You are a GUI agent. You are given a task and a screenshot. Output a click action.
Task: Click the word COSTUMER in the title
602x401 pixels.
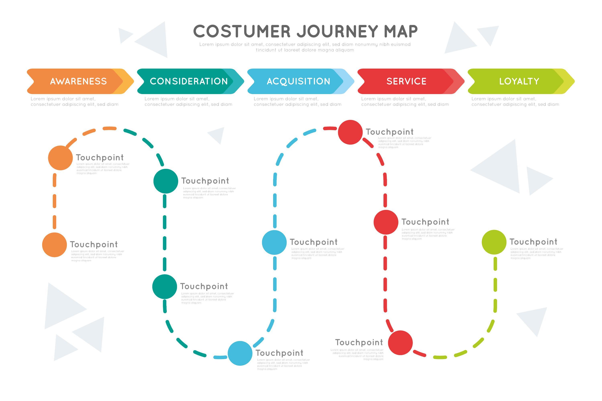coord(242,31)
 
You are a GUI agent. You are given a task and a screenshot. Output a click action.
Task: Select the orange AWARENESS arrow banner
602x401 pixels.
coord(78,81)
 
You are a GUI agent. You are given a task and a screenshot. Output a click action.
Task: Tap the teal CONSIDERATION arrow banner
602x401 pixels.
coord(189,81)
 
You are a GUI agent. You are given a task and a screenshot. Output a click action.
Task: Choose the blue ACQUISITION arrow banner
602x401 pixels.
coord(298,81)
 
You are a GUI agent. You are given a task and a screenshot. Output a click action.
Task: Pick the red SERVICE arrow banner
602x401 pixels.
coord(407,81)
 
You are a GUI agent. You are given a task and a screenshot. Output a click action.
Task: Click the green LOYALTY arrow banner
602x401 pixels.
coord(519,81)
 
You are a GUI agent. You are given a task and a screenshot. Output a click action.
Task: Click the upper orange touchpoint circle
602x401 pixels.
coord(60,158)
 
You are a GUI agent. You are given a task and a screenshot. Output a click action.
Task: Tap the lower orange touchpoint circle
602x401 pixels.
coord(55,245)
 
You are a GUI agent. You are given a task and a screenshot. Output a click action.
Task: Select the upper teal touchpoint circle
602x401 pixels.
coord(166,181)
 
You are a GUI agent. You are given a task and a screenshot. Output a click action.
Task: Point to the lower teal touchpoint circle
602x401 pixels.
coord(165,287)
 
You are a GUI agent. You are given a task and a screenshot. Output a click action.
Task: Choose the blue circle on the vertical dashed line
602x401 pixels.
coord(274,242)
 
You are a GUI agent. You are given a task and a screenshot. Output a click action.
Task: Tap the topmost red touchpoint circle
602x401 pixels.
coord(350,132)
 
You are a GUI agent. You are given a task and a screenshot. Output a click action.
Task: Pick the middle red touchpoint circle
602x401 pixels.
coord(386,222)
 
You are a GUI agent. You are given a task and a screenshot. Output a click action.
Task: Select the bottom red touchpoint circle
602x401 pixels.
coord(400,343)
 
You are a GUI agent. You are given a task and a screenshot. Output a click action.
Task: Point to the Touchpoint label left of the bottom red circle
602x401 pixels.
coord(359,342)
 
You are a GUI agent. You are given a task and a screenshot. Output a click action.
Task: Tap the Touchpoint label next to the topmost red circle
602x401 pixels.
coord(389,132)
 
